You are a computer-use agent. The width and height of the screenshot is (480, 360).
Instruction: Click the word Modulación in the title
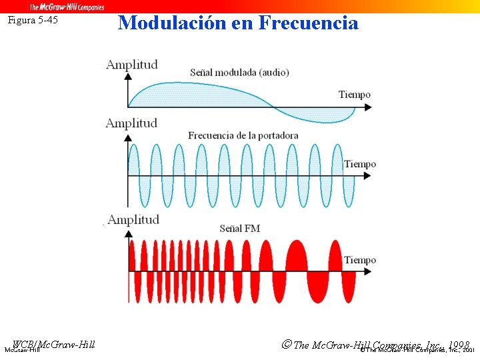(x=173, y=23)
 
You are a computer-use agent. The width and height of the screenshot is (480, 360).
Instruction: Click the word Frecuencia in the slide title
(x=308, y=23)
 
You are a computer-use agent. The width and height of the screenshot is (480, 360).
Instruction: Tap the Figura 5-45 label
(x=33, y=20)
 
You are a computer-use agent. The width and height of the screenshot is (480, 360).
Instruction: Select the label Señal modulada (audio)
(x=239, y=72)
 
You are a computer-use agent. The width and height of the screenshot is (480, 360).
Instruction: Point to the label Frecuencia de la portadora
(x=243, y=135)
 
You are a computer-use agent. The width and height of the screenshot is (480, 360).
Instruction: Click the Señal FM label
(x=240, y=229)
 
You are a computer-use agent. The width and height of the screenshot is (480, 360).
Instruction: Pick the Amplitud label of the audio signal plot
(x=132, y=65)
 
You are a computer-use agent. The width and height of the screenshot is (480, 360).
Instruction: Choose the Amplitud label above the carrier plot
(x=131, y=123)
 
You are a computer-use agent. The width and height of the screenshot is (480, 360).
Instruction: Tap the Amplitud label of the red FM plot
(x=133, y=219)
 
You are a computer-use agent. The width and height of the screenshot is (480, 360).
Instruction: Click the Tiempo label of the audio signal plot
(x=355, y=95)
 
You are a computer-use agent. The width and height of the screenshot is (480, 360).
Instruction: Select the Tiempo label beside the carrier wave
(x=360, y=164)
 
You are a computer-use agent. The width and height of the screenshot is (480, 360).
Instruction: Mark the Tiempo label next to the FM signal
(x=360, y=260)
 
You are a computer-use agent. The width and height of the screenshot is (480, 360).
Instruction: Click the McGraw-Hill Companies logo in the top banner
(x=67, y=7)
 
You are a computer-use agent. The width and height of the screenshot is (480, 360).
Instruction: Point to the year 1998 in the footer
(x=459, y=345)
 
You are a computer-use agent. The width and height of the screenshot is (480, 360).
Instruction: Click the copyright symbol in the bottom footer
(x=286, y=345)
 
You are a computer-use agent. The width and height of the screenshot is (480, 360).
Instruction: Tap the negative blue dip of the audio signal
(x=320, y=116)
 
